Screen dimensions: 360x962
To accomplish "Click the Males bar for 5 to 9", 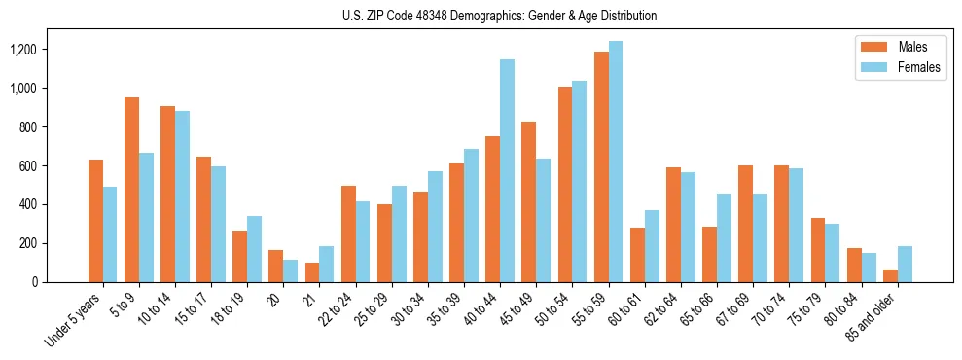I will coord(131,190).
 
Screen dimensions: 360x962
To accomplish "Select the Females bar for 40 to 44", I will coord(507,170).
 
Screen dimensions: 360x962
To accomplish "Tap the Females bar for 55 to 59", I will coord(615,162).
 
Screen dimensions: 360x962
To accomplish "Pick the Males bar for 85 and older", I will coord(890,275).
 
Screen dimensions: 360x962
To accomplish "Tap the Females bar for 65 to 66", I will coord(723,237).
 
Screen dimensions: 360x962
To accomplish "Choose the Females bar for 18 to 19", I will coord(254,249).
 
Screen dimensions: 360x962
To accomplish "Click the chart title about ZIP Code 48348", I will coord(499,16).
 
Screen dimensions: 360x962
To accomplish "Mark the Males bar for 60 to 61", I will coord(637,255).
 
